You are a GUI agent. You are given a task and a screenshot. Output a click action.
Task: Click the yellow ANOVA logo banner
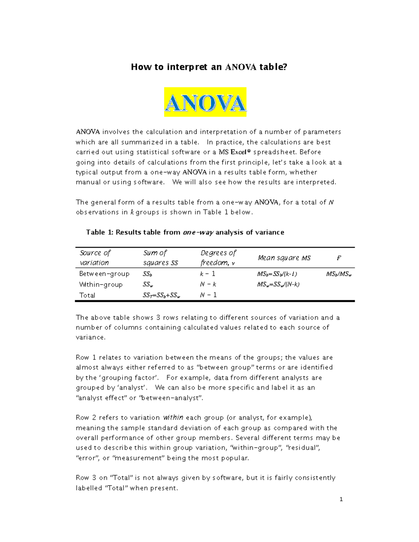(205, 102)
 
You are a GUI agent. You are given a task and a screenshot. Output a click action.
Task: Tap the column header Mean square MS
(284, 258)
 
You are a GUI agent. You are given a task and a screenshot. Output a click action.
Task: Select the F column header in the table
(338, 258)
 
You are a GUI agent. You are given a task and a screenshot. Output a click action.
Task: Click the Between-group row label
(104, 274)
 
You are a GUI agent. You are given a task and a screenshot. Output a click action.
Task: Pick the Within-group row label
(101, 284)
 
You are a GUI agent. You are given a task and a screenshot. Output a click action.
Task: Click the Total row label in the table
(87, 295)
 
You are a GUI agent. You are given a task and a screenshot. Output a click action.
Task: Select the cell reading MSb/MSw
(338, 274)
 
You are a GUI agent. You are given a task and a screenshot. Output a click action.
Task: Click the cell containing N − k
(208, 284)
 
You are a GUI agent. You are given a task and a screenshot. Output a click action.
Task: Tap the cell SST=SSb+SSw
(161, 296)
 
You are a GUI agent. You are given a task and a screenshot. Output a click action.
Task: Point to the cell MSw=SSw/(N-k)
(278, 284)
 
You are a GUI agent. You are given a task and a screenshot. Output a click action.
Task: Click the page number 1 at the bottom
(341, 499)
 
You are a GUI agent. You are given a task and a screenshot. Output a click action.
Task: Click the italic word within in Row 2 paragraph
(173, 418)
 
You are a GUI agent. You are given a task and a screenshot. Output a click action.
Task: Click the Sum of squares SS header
(160, 258)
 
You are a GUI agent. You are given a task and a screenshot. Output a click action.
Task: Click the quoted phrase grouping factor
(132, 378)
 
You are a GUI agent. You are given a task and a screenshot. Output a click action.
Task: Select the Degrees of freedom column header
(218, 258)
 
